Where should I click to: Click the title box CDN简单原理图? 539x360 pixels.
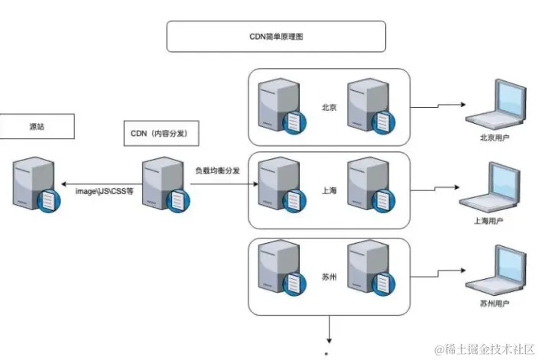tap(276, 36)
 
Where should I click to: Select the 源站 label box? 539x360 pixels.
tap(37, 127)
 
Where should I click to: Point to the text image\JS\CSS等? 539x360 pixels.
tap(104, 191)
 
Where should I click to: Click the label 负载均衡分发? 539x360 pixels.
tap(217, 170)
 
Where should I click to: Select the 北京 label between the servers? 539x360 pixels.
tap(330, 108)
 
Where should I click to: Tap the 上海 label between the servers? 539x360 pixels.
tap(330, 191)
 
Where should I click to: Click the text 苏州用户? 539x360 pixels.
tap(492, 303)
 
